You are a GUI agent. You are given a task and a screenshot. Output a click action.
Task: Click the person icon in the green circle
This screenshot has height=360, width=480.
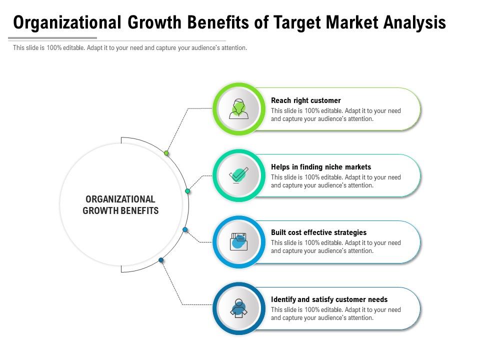(239, 108)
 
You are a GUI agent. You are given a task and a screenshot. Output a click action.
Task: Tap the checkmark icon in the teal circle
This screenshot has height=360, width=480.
(239, 175)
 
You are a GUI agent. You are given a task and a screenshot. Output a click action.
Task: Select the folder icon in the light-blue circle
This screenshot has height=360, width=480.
(239, 241)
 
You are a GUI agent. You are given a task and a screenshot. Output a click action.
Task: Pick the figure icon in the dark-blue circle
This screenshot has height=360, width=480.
(239, 308)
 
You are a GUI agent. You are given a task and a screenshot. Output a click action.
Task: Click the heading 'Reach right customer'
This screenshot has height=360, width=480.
(305, 100)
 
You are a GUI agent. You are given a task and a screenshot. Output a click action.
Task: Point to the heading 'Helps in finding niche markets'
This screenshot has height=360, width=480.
(321, 167)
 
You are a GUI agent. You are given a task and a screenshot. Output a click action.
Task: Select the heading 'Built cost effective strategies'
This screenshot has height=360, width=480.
(318, 232)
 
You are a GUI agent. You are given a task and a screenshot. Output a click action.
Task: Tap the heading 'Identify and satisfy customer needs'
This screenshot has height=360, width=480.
(329, 299)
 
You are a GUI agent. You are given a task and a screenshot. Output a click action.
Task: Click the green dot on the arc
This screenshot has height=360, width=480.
(166, 153)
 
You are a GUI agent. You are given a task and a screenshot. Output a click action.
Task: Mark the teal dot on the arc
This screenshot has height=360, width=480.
(187, 191)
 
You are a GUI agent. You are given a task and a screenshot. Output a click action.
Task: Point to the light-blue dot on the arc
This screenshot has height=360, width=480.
(185, 229)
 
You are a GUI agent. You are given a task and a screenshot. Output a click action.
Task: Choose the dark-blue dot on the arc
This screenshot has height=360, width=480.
(161, 260)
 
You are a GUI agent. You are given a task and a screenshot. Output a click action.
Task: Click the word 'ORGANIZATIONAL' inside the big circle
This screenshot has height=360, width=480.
(120, 199)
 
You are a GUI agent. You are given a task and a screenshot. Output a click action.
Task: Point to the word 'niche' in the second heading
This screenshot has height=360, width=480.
(335, 167)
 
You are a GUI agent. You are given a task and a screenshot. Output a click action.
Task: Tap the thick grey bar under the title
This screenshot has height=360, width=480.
(52, 38)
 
